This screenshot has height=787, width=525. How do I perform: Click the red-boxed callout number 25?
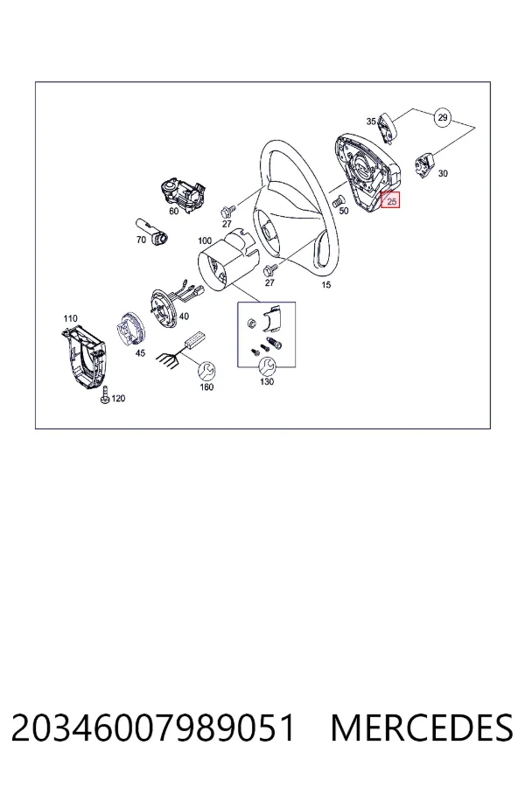coord(390,201)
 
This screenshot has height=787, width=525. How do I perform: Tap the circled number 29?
coord(442,117)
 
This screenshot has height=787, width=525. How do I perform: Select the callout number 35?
coord(371,121)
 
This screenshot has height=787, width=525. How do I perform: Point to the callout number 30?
coord(443,174)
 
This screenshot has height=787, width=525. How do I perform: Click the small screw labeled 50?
coord(338,201)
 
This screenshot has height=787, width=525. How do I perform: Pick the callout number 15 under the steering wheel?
coord(326,284)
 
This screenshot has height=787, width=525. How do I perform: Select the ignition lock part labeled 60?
coord(182,192)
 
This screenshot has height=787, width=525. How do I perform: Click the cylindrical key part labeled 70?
coord(151,231)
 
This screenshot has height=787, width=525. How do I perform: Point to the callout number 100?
coord(205,241)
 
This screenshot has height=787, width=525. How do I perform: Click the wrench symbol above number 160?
coord(206,372)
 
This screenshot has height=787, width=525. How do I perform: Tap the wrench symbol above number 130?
coord(267,366)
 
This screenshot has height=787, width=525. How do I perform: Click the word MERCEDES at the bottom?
coord(422,728)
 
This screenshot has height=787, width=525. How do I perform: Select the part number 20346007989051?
coord(153,728)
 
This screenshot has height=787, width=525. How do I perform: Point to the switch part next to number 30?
coord(424,164)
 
